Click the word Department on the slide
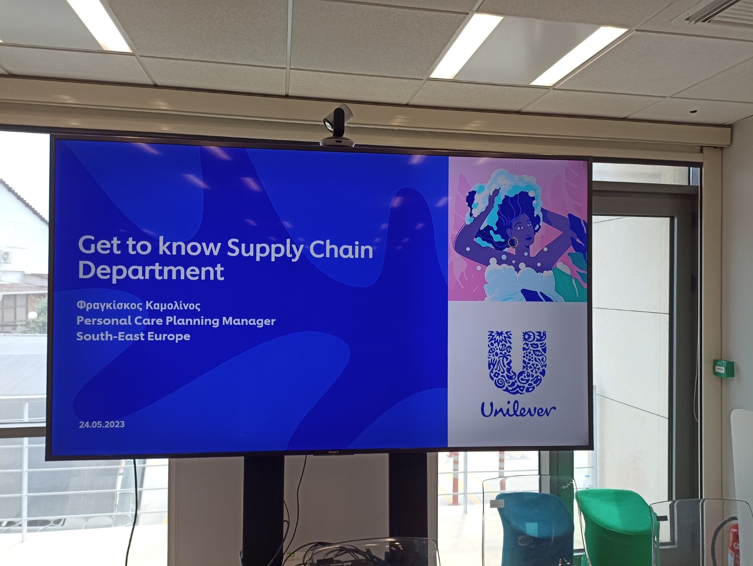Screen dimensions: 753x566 pyautogui.click(x=151, y=271)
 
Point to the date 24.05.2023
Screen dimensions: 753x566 pyautogui.click(x=102, y=424)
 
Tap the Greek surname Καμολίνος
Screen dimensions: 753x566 pyautogui.click(x=173, y=305)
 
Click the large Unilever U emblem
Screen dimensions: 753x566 pyautogui.click(x=517, y=362)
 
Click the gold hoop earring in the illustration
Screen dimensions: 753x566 pyautogui.click(x=513, y=243)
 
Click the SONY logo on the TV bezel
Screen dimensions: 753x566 pyautogui.click(x=333, y=452)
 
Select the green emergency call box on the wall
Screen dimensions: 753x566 pyautogui.click(x=724, y=368)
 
